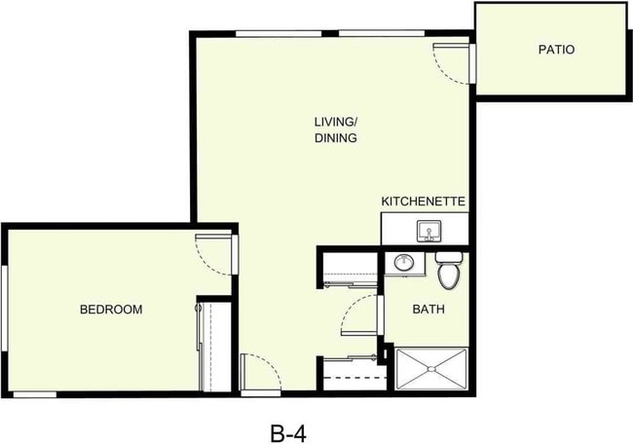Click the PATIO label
pos(555,49)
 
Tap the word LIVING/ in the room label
pos(336,122)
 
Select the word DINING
pos(336,138)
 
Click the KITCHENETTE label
pos(424,202)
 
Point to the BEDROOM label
pos(111,310)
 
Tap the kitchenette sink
pos(428,231)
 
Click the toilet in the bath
pos(449,273)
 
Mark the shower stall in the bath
pos(431,369)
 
